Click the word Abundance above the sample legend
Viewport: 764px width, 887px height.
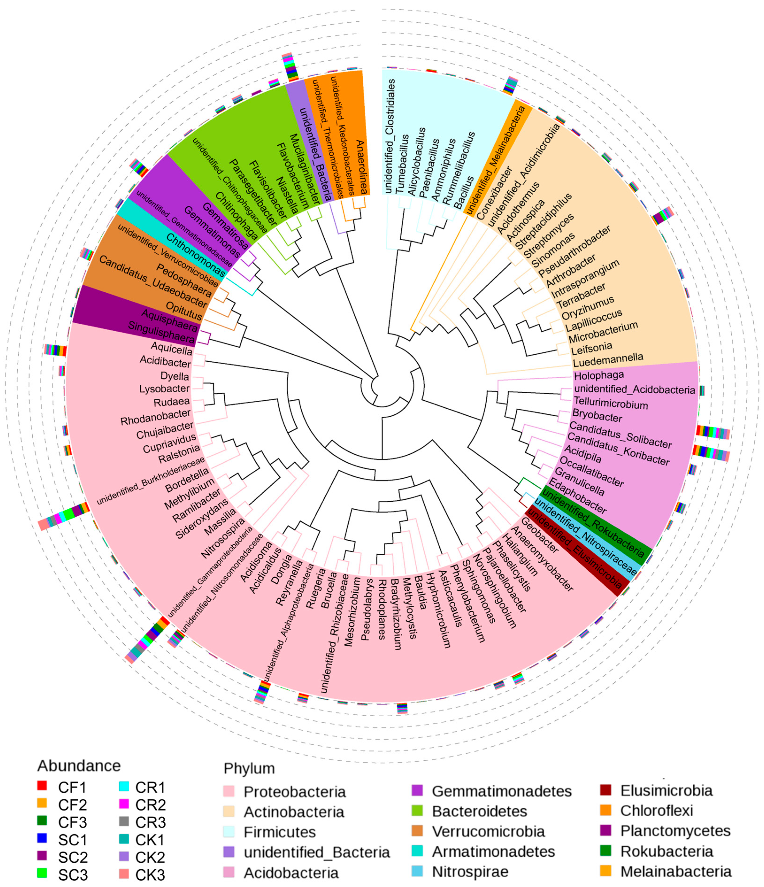[79, 765]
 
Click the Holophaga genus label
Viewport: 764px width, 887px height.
[599, 376]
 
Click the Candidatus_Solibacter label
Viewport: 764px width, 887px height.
[620, 435]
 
